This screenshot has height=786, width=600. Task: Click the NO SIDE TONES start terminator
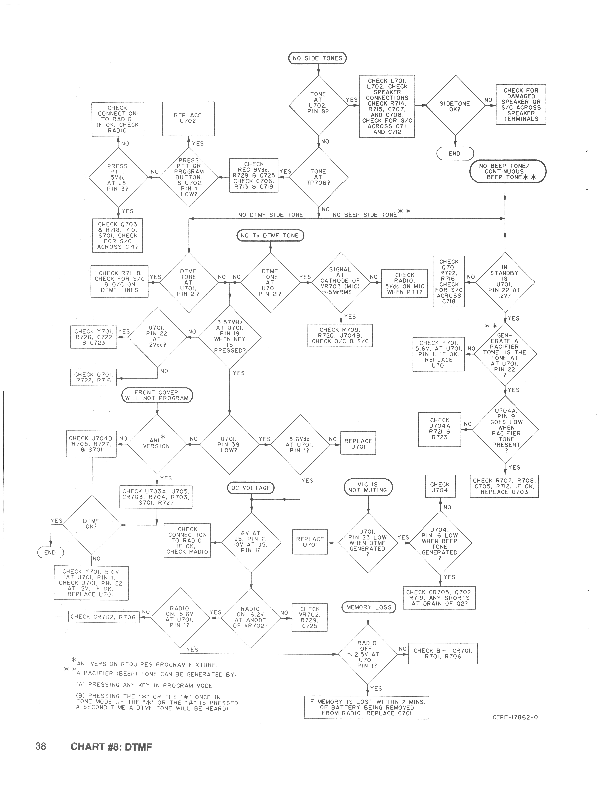click(317, 58)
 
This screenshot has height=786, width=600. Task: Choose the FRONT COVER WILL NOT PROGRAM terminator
click(157, 395)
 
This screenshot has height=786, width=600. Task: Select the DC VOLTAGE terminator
click(251, 488)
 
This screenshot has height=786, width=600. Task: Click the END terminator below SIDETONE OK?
click(455, 154)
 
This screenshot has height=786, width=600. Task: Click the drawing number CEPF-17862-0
click(515, 717)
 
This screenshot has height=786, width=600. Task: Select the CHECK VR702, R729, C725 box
click(310, 617)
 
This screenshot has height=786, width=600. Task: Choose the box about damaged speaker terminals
click(521, 105)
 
